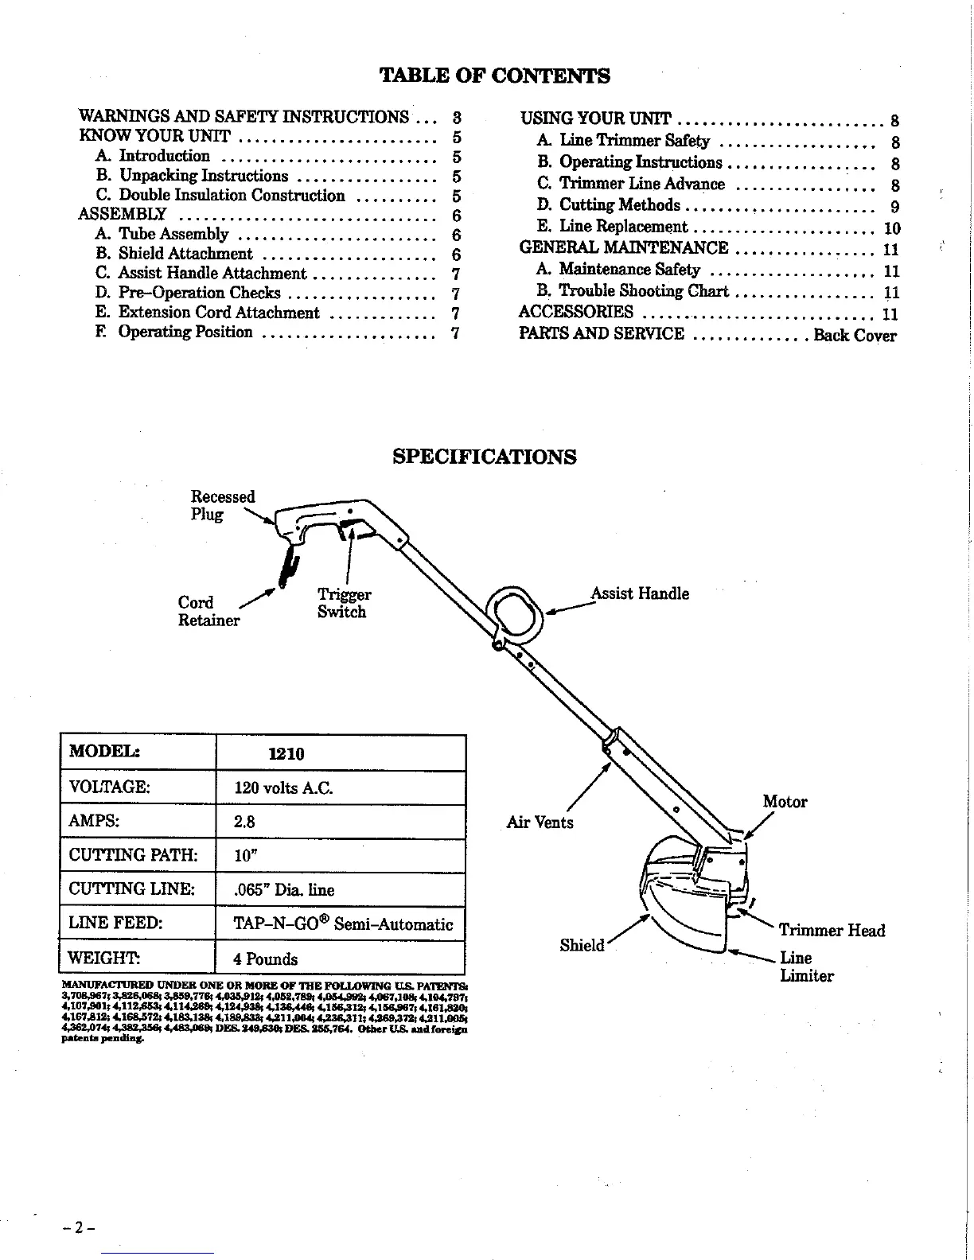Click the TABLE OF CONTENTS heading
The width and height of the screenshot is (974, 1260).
494,76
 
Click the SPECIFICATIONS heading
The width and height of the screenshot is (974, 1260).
485,457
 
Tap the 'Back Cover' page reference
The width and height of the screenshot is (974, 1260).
855,335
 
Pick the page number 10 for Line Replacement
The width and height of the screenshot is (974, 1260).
892,228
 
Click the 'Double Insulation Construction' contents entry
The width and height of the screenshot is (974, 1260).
232,196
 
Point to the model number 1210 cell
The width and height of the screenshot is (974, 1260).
286,753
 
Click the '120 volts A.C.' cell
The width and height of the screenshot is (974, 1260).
283,788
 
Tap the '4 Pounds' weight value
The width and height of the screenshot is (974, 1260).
266,959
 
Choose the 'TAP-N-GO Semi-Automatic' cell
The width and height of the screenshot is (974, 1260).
343,924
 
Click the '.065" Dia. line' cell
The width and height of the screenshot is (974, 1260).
284,889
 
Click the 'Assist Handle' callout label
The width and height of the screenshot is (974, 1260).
640,593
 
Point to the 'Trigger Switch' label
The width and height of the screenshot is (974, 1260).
344,603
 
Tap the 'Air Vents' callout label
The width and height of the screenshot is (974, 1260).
540,822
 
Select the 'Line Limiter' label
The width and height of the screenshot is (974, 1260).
806,966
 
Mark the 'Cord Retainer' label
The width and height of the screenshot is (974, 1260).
208,611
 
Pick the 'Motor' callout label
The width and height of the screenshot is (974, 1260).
785,802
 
